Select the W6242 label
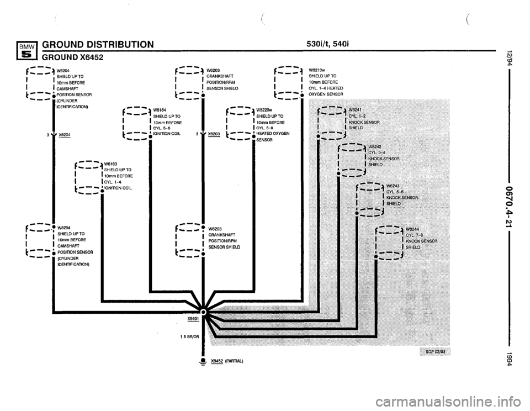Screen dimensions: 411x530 377,146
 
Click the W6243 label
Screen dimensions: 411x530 394,186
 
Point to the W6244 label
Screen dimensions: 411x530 414,228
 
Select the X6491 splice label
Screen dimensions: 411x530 193,318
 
